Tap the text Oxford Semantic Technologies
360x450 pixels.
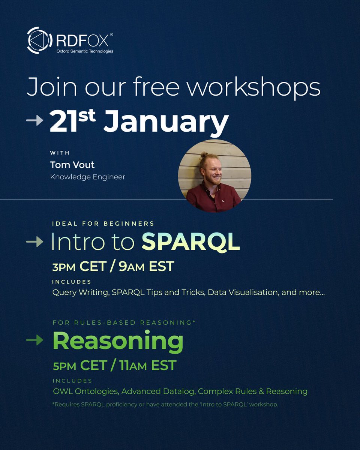pos(85,51)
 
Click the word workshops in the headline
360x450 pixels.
pos(254,87)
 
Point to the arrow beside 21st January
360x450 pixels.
pos(34,121)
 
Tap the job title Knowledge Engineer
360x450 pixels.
pos(87,177)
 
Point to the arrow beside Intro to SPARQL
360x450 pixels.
pos(34,242)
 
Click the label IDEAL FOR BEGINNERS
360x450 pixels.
pos(103,223)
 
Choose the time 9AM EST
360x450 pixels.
pos(146,267)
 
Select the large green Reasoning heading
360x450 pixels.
pos(118,341)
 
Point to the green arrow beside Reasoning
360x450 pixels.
pos(34,340)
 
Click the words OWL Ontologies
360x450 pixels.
pos(85,391)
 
